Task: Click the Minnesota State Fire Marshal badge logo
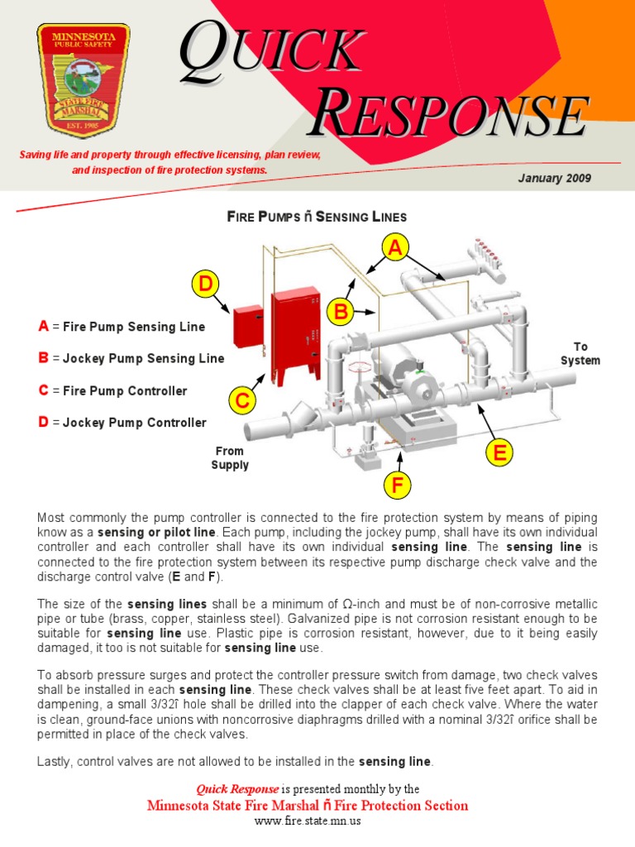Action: tap(82, 80)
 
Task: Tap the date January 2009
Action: tap(554, 179)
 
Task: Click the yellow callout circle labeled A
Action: tap(395, 247)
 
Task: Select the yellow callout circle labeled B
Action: tap(340, 312)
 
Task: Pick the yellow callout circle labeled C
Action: tap(241, 401)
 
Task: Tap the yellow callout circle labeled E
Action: tap(499, 452)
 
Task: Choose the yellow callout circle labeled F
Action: tap(397, 486)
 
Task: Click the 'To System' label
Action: tap(580, 353)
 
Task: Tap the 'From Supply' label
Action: tap(230, 457)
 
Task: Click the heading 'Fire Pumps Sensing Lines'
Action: tap(317, 217)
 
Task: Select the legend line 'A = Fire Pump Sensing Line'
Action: tap(121, 327)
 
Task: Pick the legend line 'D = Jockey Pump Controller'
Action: tap(122, 423)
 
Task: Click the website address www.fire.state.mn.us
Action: tap(307, 821)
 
